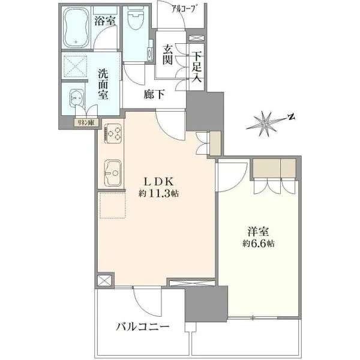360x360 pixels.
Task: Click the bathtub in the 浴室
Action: tap(76, 28)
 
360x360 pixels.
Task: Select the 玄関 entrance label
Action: tap(168, 55)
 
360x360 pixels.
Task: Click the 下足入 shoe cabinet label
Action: tap(197, 67)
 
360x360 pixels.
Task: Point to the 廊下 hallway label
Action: tap(154, 94)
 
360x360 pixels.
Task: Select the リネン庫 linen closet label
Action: tap(86, 122)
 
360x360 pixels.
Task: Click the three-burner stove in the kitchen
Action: tap(113, 133)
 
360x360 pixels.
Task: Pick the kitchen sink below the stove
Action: tap(113, 173)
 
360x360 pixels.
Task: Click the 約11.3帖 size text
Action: tap(158, 194)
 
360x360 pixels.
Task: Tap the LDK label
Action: tap(158, 182)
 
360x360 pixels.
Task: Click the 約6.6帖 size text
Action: tap(258, 244)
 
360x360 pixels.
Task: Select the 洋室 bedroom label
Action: tap(258, 232)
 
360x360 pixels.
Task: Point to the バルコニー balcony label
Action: tap(142, 326)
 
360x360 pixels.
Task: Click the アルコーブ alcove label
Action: tap(184, 9)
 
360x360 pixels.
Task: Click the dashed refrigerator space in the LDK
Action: tap(113, 205)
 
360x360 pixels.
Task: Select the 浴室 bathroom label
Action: tap(105, 21)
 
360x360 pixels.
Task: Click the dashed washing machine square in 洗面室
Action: tap(75, 67)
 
